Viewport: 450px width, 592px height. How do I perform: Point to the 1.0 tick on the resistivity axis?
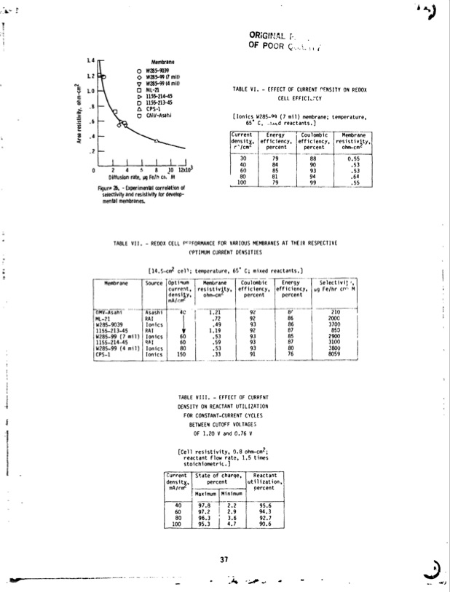pos(92,92)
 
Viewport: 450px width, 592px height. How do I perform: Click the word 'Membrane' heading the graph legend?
pos(162,62)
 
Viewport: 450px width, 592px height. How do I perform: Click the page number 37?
pos(224,559)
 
